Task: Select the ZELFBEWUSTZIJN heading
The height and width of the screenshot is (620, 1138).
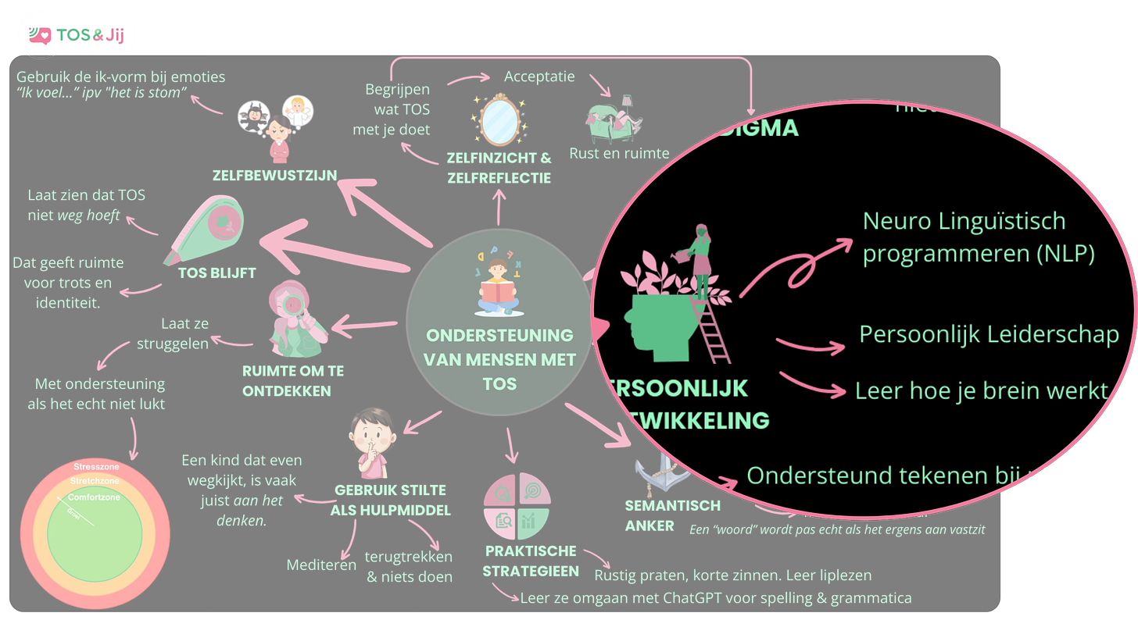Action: coord(275,176)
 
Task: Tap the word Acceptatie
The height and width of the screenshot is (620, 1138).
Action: coord(539,77)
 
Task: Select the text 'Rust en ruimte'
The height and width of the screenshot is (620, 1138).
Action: coord(619,153)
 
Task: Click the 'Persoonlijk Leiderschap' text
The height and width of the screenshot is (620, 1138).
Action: coord(989,334)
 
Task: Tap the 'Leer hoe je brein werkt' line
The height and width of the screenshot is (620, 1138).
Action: coord(981,390)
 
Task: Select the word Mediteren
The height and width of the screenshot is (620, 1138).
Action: coord(321,565)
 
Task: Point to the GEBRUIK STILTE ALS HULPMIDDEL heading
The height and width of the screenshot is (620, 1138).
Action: coord(390,501)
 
